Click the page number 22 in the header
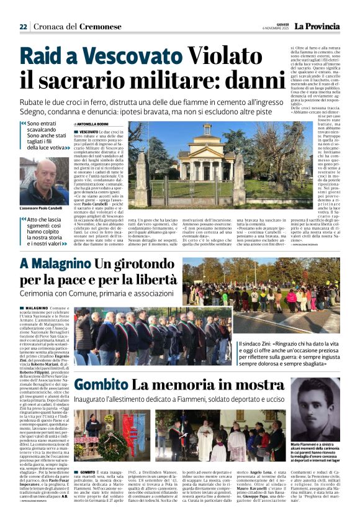click(23, 27)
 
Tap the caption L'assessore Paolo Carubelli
click(41, 208)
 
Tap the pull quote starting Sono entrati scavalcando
click(47, 136)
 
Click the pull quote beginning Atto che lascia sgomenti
click(47, 232)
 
